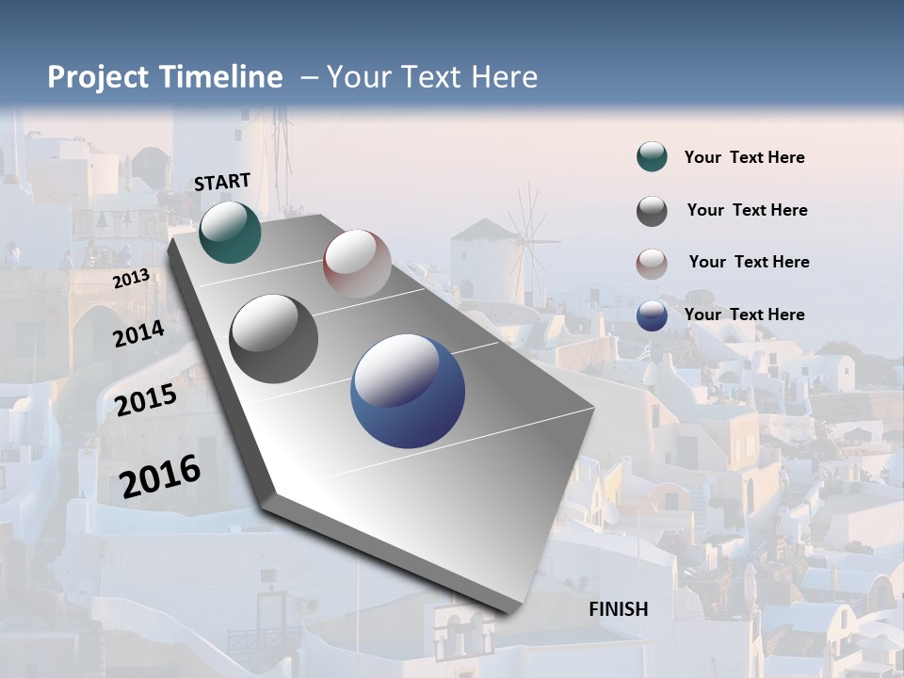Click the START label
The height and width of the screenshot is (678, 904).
[x=222, y=182]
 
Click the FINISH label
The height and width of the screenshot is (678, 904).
[x=618, y=609]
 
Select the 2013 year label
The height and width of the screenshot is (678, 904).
[x=131, y=278]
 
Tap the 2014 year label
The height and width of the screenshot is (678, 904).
[x=138, y=333]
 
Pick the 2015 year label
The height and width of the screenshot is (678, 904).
[x=146, y=400]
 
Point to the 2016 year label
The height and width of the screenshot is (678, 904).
[x=160, y=476]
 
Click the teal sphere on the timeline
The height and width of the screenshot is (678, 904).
[x=230, y=232]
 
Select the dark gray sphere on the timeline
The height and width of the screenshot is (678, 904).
[x=274, y=338]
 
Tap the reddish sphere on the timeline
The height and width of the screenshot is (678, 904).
[x=357, y=264]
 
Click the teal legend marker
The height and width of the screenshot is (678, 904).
[x=652, y=157]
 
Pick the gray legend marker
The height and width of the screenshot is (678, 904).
[x=652, y=211]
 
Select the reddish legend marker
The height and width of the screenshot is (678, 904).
[x=652, y=263]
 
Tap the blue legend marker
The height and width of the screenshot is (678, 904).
[x=652, y=315]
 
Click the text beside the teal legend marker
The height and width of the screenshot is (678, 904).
[x=744, y=157]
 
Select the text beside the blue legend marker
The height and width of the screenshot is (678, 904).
[x=744, y=315]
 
